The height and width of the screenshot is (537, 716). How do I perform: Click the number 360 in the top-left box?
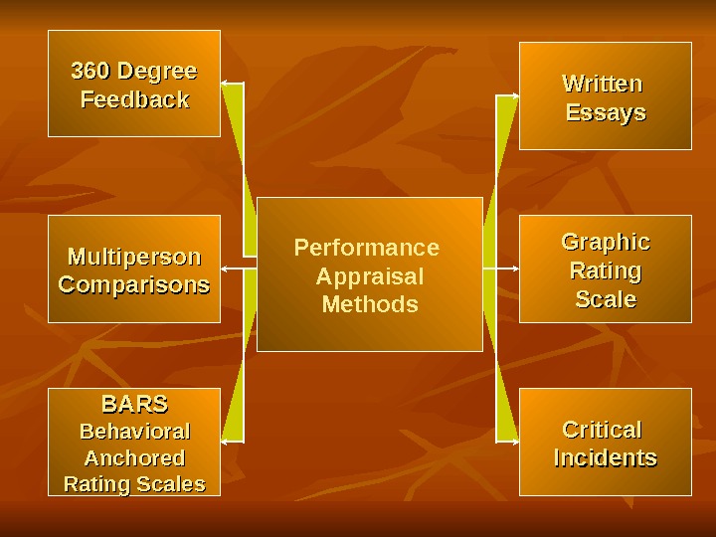tap(90, 73)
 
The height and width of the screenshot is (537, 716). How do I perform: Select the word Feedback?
tap(134, 100)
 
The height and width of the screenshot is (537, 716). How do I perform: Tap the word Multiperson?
tap(134, 258)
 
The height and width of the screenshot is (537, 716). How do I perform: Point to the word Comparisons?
tap(134, 285)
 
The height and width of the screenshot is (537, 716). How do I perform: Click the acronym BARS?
tap(134, 405)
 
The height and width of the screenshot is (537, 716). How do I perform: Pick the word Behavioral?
tap(134, 432)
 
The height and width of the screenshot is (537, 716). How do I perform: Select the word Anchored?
tap(134, 458)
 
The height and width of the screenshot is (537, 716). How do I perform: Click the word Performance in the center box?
tap(367, 248)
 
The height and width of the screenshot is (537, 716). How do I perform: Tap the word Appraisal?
tap(369, 276)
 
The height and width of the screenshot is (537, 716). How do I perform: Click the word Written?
tap(603, 84)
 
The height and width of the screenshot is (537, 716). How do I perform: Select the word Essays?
tap(606, 113)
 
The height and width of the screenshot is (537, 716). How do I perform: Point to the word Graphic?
tap(606, 243)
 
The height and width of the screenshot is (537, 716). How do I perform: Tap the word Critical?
tap(603, 430)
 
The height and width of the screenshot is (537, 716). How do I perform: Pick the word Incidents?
tap(605, 458)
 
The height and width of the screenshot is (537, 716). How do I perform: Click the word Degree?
tap(157, 73)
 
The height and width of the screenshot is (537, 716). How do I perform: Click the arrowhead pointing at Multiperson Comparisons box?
tap(225, 269)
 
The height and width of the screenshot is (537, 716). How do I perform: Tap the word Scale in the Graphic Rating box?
tap(606, 299)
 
